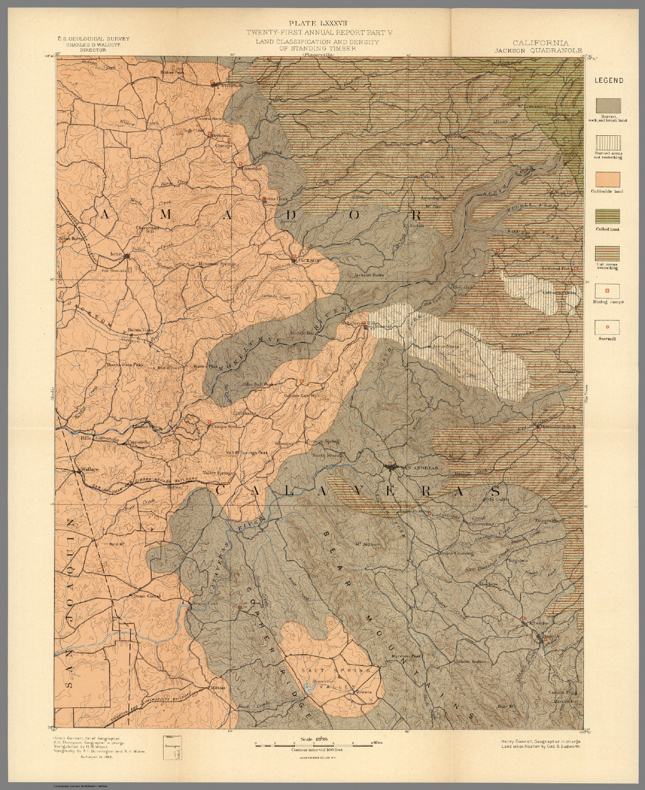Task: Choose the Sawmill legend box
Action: coord(607,327)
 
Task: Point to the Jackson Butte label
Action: coord(369,276)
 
